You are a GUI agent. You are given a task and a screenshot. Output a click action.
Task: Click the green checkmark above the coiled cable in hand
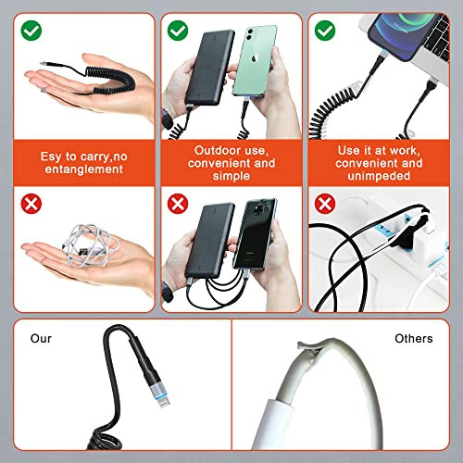(x=31, y=31)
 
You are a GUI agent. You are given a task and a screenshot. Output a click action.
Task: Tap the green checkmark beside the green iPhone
(x=178, y=31)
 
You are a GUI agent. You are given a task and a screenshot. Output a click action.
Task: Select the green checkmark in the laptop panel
(x=325, y=31)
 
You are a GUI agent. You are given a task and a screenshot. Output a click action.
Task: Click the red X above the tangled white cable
(x=31, y=204)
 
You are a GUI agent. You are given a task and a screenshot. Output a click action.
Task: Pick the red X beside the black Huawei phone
(x=178, y=204)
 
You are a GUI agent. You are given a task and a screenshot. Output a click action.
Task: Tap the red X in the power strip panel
(x=325, y=204)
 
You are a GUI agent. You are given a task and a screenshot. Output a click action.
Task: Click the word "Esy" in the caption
(x=51, y=156)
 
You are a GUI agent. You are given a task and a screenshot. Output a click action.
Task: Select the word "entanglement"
(x=84, y=169)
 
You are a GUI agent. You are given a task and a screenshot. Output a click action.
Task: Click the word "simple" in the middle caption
(x=231, y=176)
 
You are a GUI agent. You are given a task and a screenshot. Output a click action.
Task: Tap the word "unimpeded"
(x=379, y=176)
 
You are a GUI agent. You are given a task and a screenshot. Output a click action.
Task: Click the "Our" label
(x=41, y=339)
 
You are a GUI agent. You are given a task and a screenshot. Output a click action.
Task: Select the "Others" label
(x=414, y=339)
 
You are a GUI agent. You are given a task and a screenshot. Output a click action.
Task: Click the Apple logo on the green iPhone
(x=255, y=57)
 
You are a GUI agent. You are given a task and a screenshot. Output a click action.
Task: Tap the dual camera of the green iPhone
(x=250, y=34)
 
